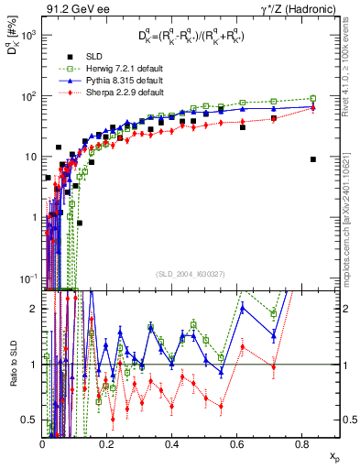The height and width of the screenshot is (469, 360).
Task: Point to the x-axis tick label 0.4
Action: tap(172, 443)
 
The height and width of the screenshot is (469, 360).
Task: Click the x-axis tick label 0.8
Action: tap(301, 443)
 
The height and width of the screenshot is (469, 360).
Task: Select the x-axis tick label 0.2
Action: tap(107, 443)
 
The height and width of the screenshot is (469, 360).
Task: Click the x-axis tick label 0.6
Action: tap(236, 443)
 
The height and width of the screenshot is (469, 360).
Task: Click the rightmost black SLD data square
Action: tap(313, 159)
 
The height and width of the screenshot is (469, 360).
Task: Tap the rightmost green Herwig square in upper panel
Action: tap(313, 99)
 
